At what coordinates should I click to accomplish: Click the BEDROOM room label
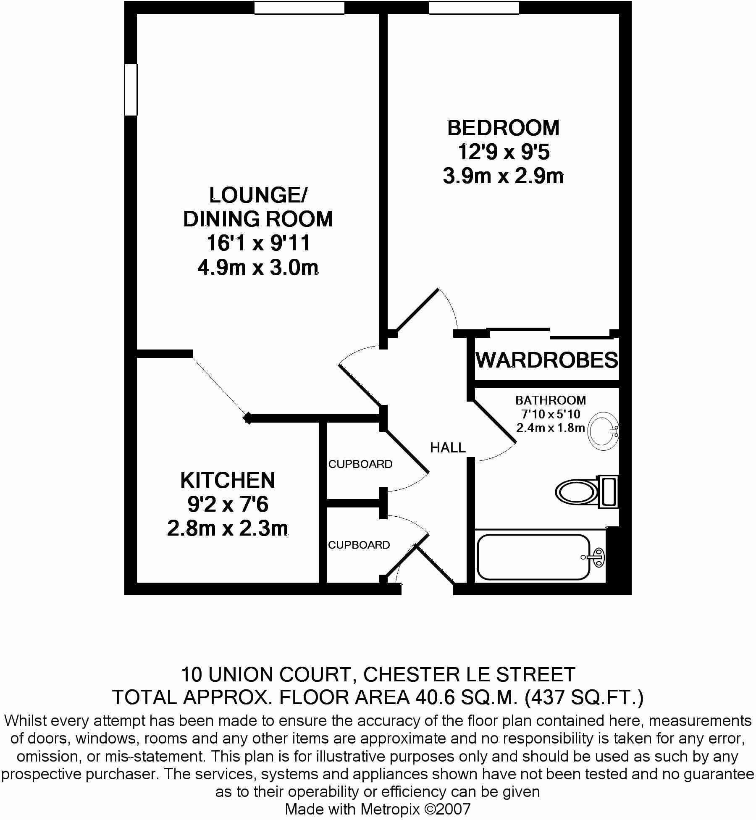(503, 128)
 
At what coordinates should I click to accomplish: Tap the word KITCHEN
(228, 481)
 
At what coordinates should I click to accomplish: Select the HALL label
(448, 448)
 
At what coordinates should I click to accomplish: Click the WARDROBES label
(547, 360)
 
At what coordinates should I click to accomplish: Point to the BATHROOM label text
(550, 400)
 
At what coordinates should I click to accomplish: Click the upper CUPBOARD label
(360, 464)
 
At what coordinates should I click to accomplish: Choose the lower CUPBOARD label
(359, 545)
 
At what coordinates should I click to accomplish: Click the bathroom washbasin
(603, 431)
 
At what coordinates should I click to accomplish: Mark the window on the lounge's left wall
(131, 89)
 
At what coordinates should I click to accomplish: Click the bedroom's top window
(474, 8)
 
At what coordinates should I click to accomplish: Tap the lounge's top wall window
(299, 8)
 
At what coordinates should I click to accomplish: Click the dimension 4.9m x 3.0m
(258, 268)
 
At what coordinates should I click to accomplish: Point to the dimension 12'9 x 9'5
(503, 152)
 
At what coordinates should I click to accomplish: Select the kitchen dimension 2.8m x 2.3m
(228, 528)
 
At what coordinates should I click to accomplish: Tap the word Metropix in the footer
(390, 809)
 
